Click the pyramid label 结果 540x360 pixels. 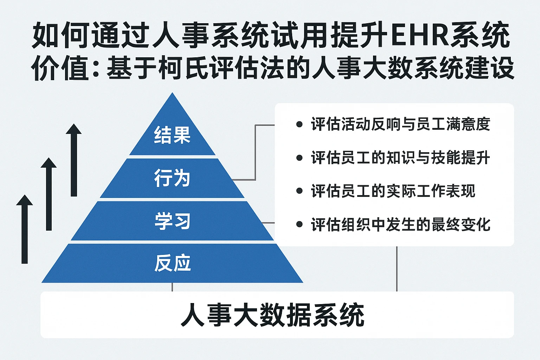coord(172,135)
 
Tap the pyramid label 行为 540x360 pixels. coord(172,178)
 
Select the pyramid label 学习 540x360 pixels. coord(172,221)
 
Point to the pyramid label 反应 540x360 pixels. coord(172,263)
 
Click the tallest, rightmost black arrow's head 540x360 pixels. coord(74,129)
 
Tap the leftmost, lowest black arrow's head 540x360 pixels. coord(25,200)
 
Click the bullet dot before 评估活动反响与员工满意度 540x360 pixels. coord(300,124)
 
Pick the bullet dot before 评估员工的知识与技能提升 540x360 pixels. coord(300,158)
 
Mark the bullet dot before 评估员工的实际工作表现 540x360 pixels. coord(300,191)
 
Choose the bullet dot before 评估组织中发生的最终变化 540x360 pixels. coord(300,225)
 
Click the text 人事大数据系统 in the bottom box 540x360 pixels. coord(272,315)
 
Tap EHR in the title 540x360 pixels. coord(419,36)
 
